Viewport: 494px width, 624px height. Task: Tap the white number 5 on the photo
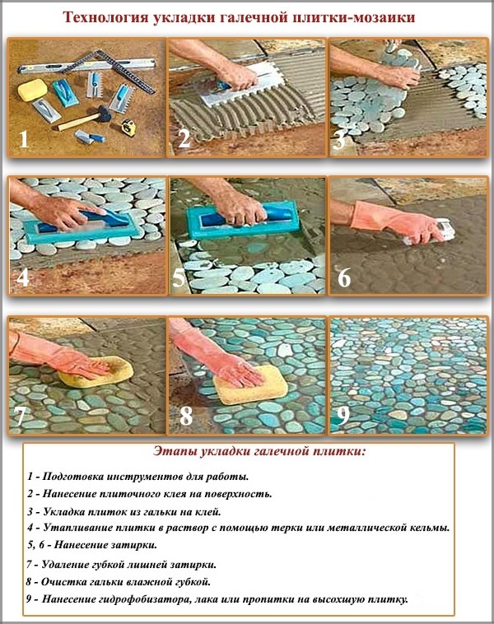(x=179, y=277)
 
